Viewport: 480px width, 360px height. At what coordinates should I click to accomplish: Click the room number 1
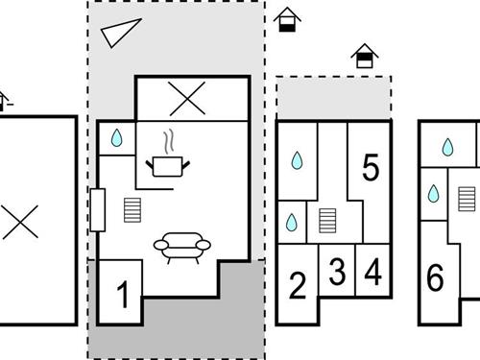point(123,295)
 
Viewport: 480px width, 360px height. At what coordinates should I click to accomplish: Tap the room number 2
point(298,285)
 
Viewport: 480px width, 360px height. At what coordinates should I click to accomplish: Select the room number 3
point(337,272)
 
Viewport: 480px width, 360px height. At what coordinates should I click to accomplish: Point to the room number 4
point(373,272)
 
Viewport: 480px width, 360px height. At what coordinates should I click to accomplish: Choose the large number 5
point(371,167)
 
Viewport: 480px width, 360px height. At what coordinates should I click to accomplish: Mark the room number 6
point(436,277)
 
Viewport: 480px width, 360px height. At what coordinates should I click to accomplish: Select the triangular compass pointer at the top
point(121,33)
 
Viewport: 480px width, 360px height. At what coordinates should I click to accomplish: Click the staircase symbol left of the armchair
point(132,210)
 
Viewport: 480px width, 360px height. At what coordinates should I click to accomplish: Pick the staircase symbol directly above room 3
point(327,221)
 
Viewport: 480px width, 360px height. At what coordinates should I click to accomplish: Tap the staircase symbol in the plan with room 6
point(467,199)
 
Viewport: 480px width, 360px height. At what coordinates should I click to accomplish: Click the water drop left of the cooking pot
point(116,138)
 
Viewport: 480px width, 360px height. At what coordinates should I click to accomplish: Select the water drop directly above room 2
point(291,222)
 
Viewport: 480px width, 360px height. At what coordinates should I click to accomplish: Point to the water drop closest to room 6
point(434,193)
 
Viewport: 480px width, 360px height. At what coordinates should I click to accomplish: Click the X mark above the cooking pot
point(187,98)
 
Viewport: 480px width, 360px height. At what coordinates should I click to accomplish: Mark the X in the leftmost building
point(20,222)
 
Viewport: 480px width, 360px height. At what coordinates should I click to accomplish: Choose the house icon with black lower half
point(287,19)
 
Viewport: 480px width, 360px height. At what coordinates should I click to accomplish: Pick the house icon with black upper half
point(365,56)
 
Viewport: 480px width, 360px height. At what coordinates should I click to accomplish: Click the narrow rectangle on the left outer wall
point(98,210)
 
